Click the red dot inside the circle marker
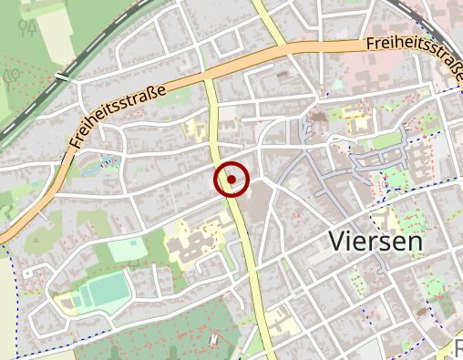(232, 180)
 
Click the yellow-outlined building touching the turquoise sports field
(67, 302)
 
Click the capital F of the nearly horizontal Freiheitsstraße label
(371, 44)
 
